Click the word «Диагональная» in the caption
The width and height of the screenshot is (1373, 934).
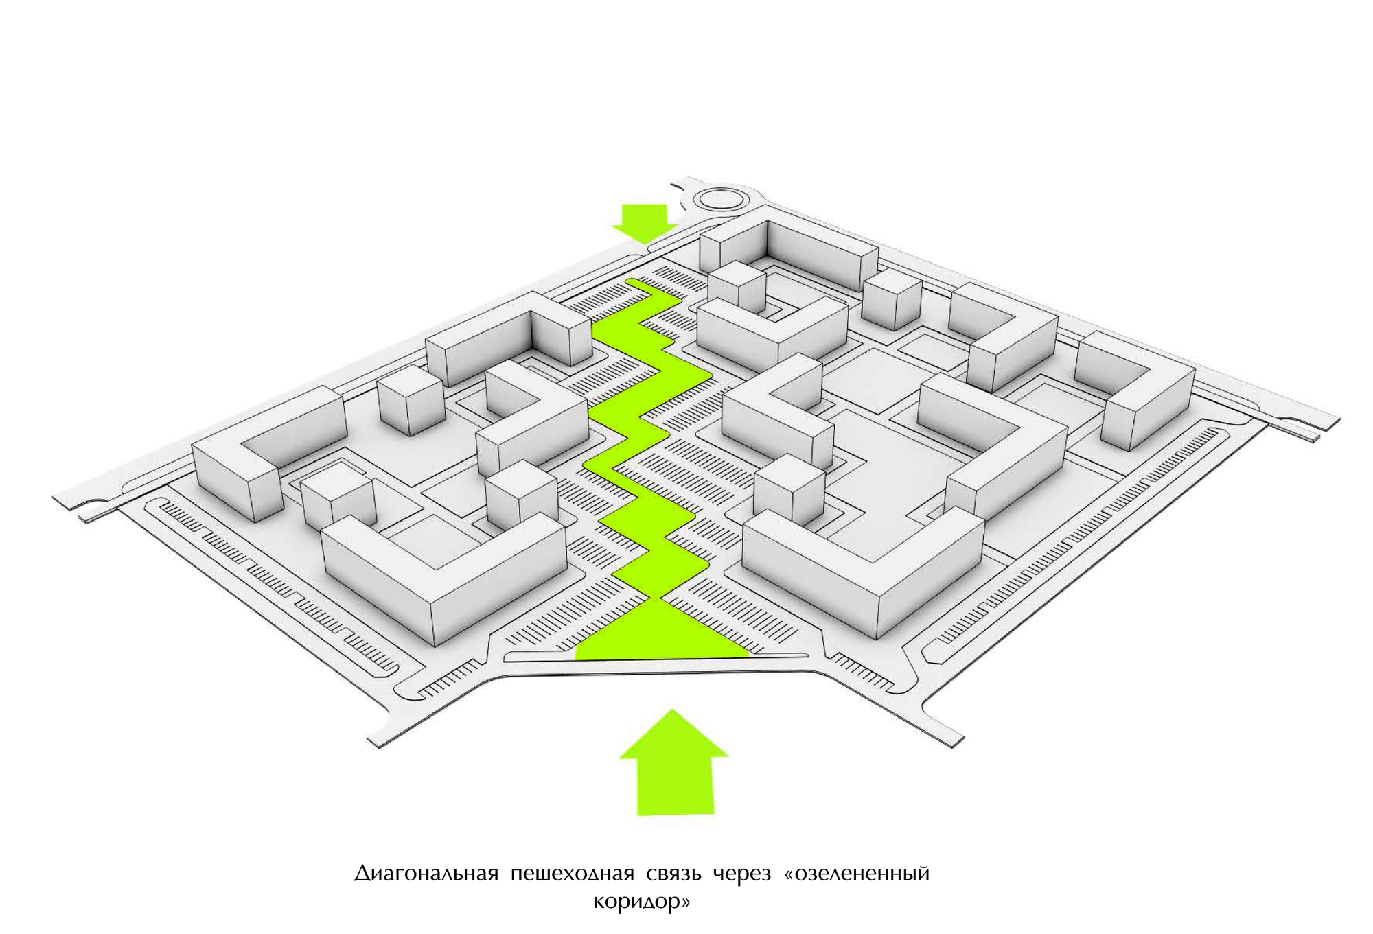click(426, 874)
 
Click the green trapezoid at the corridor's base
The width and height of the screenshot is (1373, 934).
click(662, 631)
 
